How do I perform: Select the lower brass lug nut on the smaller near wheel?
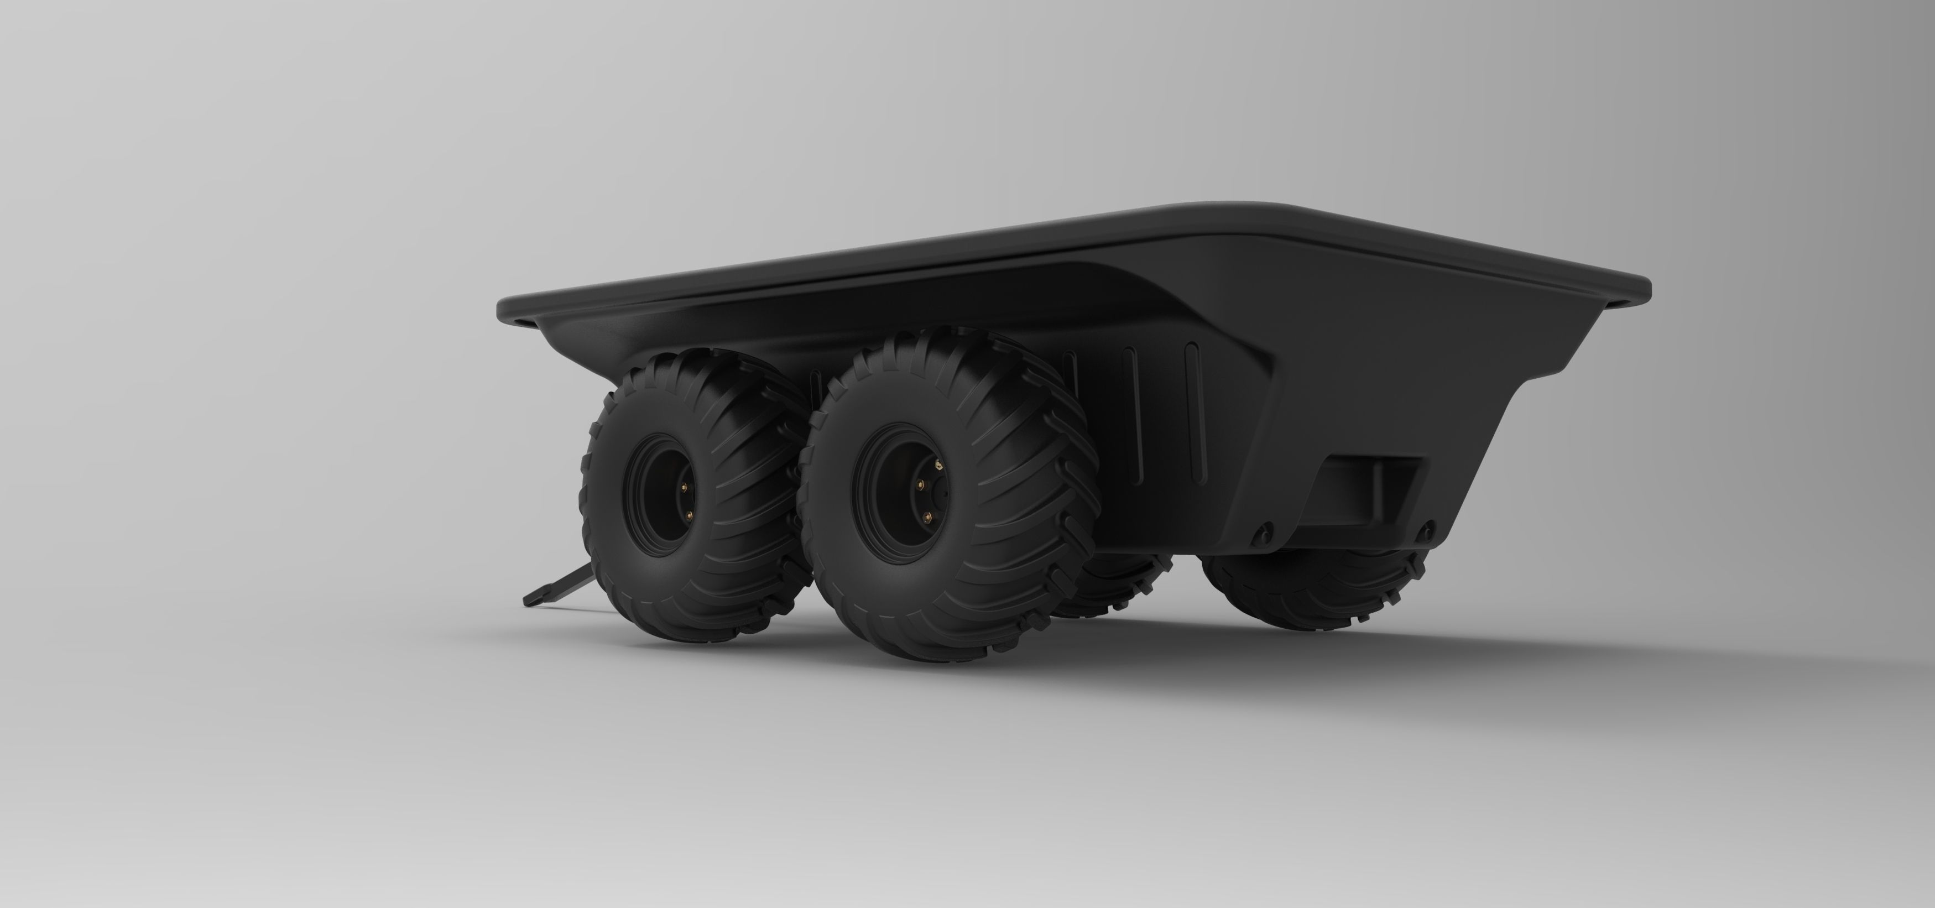point(690,515)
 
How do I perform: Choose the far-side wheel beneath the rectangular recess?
point(1315,593)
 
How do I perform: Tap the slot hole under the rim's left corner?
point(526,322)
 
